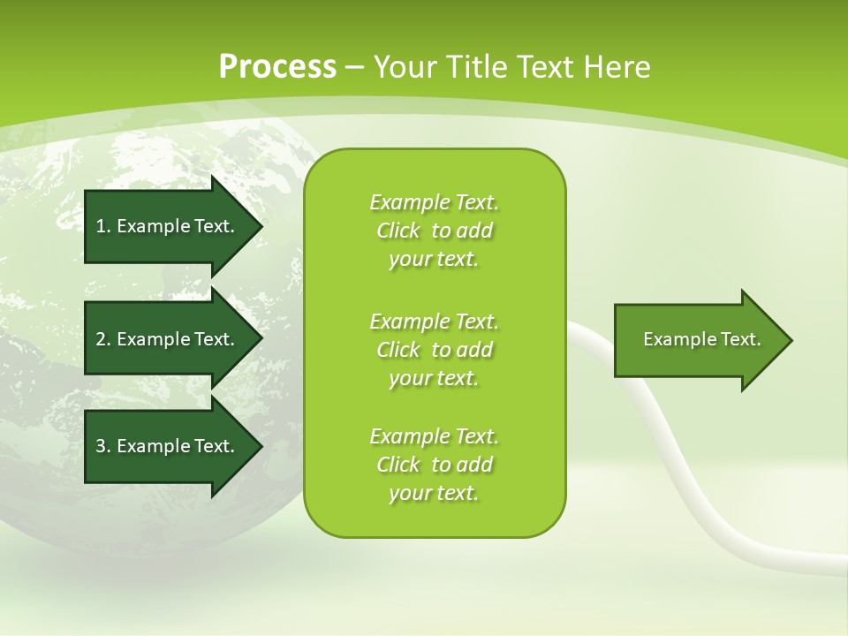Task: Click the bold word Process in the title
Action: tap(276, 67)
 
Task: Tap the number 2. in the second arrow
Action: tap(103, 339)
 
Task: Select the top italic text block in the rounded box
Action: tap(434, 231)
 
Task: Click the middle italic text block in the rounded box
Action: tap(434, 350)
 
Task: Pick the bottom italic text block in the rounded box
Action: tap(434, 465)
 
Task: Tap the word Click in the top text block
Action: tap(397, 231)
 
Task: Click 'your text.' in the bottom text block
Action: tap(434, 493)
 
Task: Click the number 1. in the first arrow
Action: tap(103, 226)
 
